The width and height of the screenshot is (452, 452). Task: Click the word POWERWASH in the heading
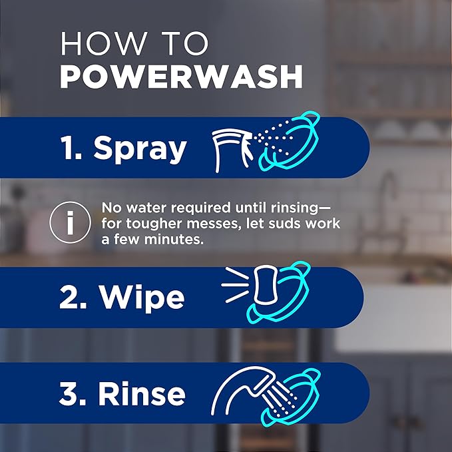181,77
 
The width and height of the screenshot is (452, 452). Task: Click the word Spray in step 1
140,148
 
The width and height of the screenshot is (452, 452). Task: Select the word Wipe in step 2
141,298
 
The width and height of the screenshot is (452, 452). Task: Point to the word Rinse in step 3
142,394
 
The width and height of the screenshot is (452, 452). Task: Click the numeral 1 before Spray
70,147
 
